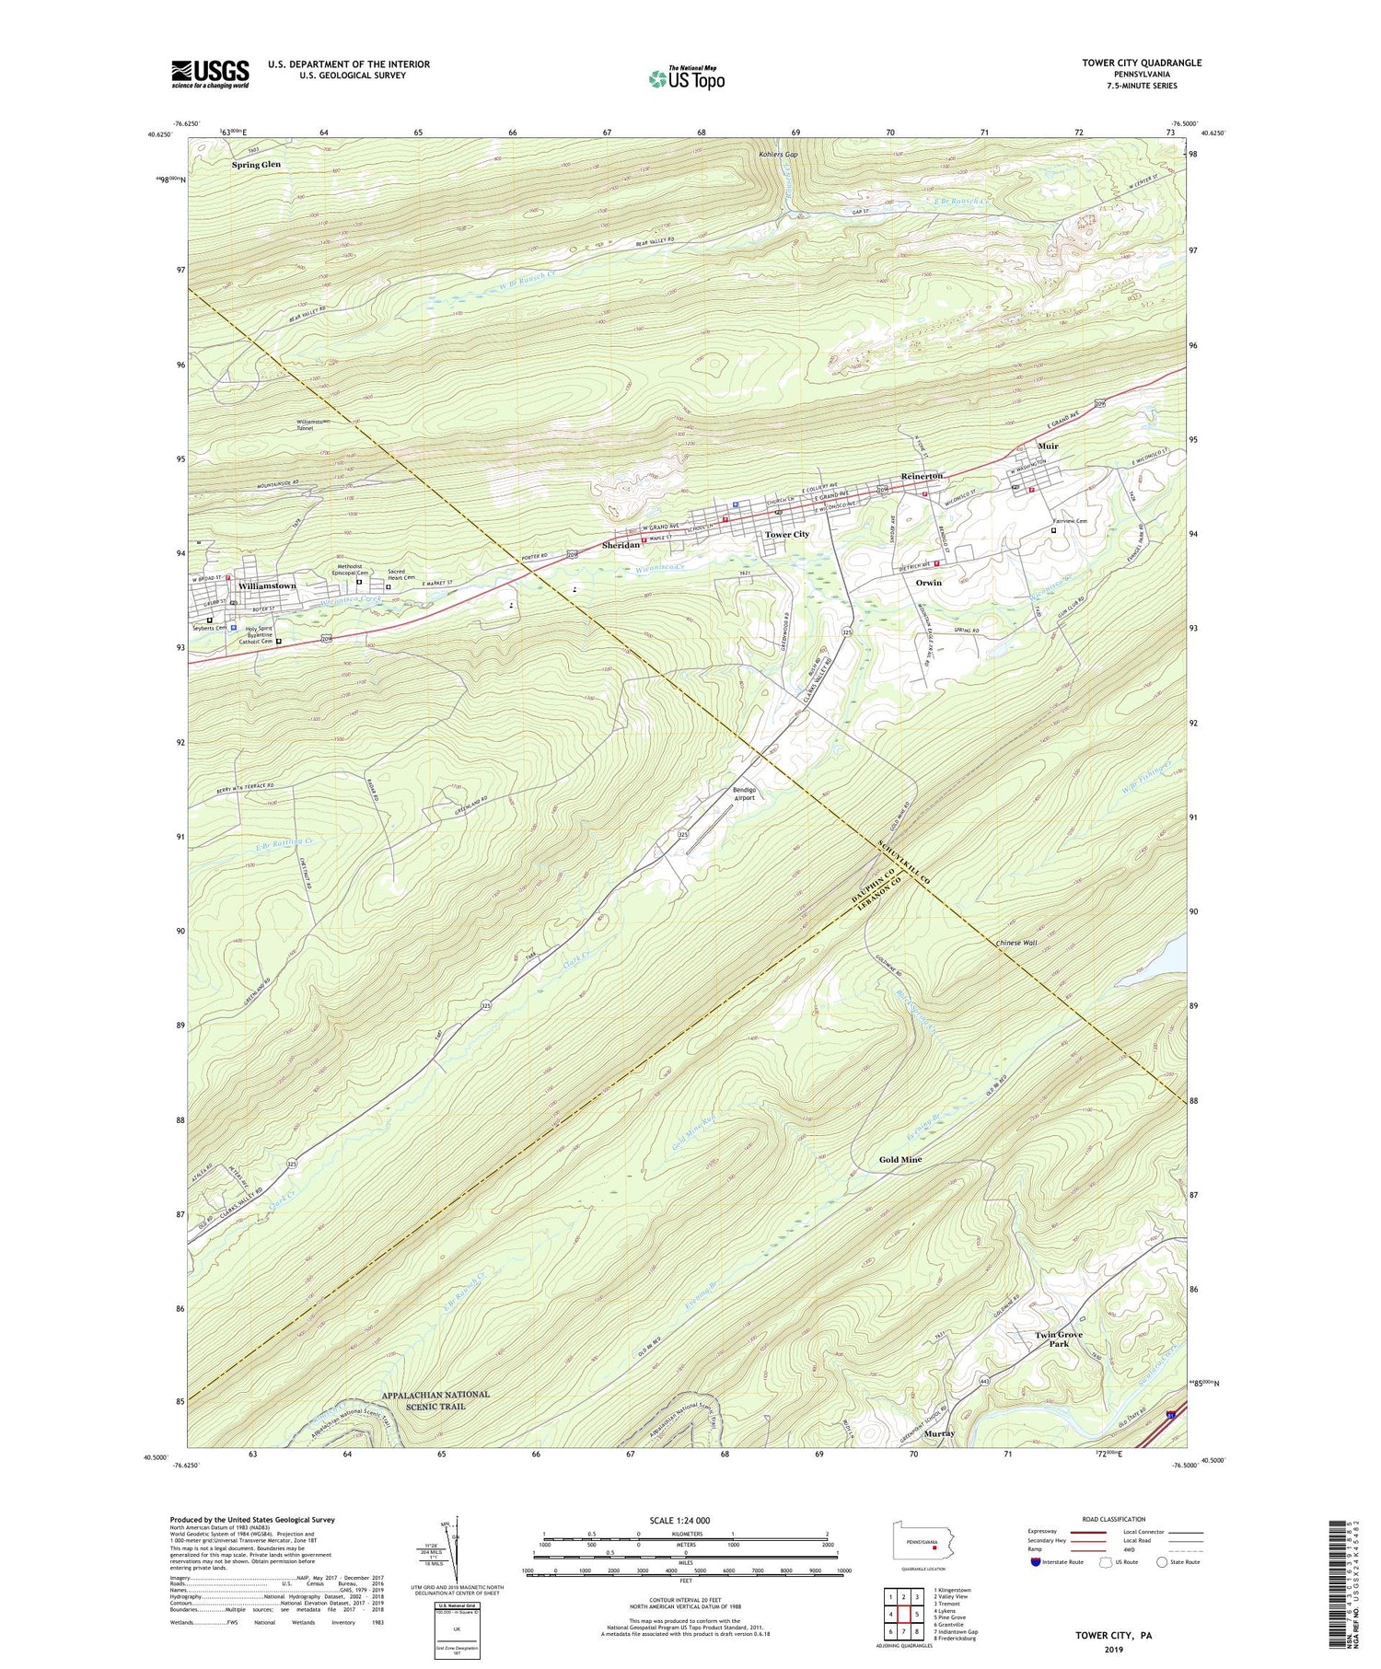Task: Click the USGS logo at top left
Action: click(210, 74)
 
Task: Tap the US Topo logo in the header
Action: click(686, 79)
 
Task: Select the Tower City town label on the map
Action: click(786, 534)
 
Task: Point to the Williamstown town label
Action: click(267, 585)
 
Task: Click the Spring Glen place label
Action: click(256, 165)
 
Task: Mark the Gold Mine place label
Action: click(899, 1159)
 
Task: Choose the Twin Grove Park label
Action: click(1058, 1339)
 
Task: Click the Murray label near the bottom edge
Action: click(939, 1433)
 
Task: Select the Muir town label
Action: click(1048, 446)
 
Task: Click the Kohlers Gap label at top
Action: click(778, 155)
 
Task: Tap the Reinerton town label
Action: click(922, 475)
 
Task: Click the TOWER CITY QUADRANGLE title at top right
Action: click(1142, 63)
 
